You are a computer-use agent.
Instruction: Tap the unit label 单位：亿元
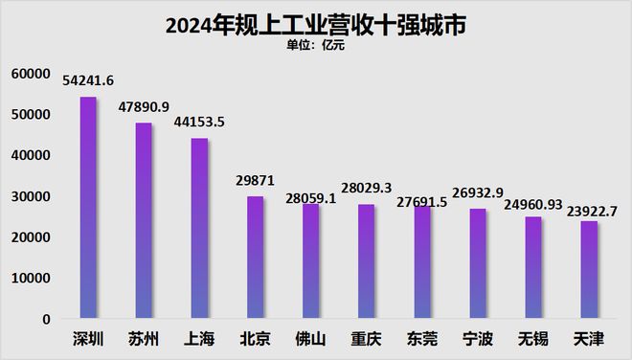tap(316, 45)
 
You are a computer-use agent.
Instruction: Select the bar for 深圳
tap(88, 208)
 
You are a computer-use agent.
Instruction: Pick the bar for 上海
tap(199, 228)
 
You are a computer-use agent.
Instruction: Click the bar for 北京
tap(256, 257)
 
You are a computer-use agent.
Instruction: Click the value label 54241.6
tap(88, 80)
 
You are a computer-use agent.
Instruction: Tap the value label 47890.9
tap(143, 107)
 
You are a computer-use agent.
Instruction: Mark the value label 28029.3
tap(367, 189)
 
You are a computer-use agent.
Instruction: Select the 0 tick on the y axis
tap(44, 319)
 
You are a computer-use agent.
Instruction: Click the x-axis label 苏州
tap(144, 339)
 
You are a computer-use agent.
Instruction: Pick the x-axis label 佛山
tap(311, 339)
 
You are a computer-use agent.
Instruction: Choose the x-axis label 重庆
tap(367, 339)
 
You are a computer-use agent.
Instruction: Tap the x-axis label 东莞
tap(422, 339)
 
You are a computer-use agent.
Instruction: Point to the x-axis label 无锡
tap(533, 339)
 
